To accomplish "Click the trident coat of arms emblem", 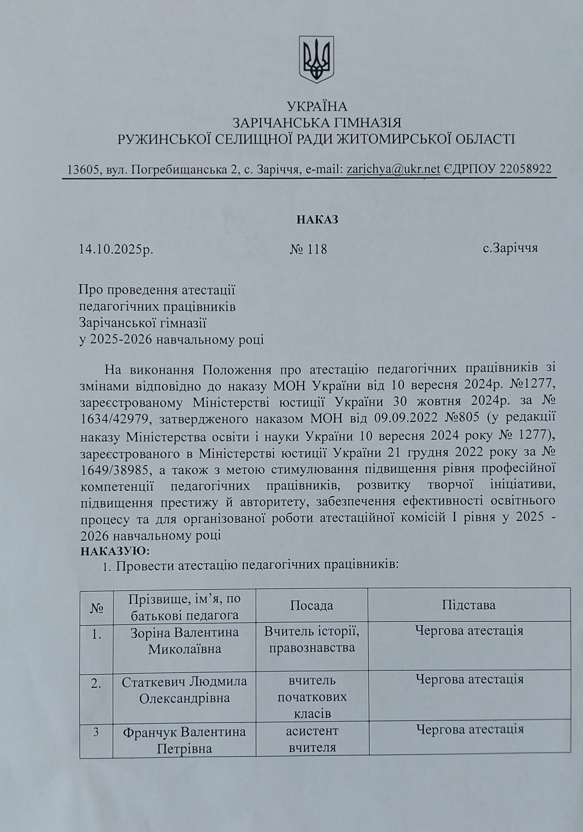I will (316, 59).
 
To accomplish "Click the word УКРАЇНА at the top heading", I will (317, 107).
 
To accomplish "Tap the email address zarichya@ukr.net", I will (393, 169).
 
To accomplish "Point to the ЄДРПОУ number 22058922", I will (525, 169).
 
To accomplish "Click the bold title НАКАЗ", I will (318, 220).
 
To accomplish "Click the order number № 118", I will (309, 249).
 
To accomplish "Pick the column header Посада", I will (311, 606).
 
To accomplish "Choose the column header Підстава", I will (469, 605).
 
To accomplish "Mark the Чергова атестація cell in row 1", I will (469, 631).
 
